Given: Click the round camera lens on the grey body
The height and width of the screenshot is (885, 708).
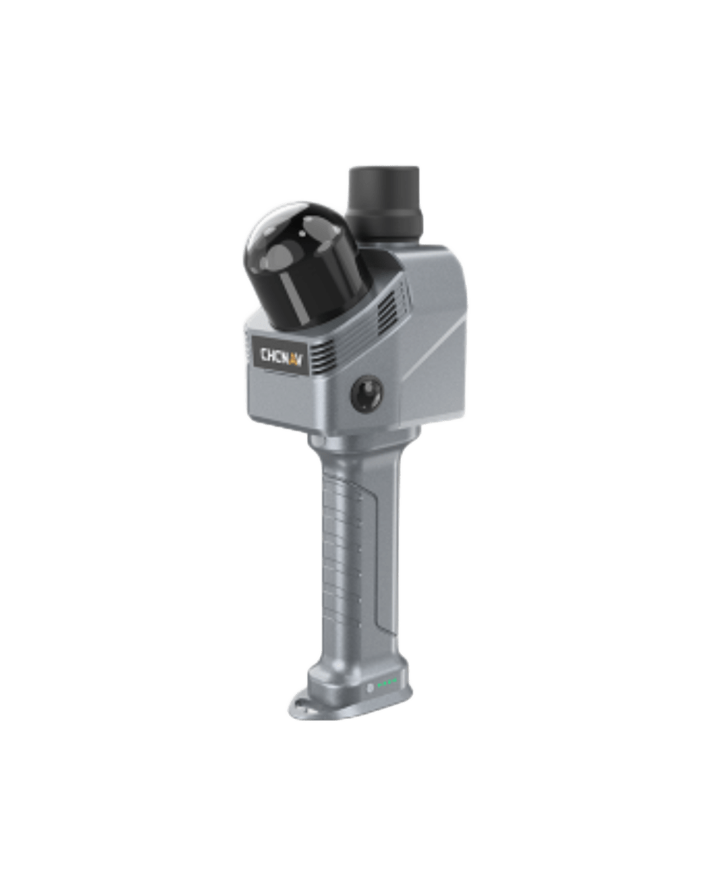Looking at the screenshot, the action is click(x=367, y=393).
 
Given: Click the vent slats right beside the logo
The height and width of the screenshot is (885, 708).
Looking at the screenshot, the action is click(x=322, y=358).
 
